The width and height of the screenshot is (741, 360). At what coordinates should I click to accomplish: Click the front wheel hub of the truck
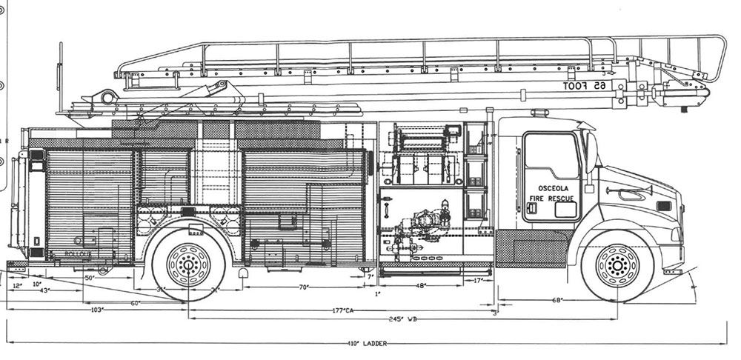(617, 264)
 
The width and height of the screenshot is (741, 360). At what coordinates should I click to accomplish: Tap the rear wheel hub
(189, 264)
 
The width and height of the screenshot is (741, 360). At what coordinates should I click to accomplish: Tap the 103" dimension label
(96, 310)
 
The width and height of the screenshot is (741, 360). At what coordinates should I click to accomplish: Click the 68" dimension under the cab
(557, 300)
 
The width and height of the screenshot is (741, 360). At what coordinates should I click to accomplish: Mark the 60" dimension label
(136, 302)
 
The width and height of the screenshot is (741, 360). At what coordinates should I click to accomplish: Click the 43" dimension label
(44, 290)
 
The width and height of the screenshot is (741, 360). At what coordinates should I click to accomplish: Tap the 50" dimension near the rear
(89, 278)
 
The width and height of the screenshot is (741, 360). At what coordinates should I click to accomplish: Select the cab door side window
(551, 156)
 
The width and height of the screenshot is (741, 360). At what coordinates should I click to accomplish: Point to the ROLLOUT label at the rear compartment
(77, 253)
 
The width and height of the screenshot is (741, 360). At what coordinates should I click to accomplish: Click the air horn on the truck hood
(630, 192)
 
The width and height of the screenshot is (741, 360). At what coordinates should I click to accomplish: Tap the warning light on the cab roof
(539, 113)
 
